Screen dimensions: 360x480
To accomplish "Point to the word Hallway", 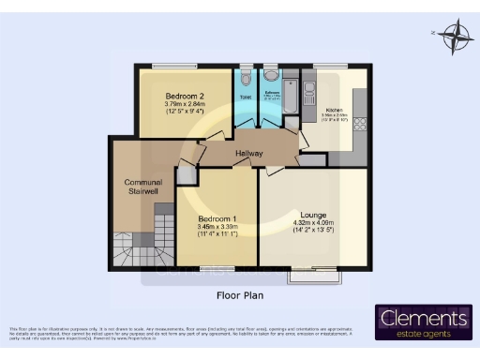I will [249, 154].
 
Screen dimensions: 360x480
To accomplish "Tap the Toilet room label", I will [244, 97].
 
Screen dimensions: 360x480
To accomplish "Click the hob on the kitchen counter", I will [361, 123].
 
